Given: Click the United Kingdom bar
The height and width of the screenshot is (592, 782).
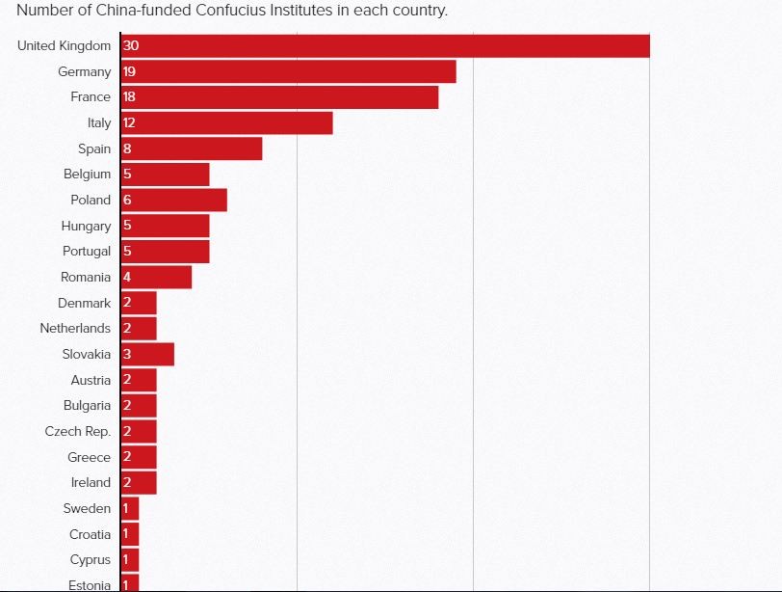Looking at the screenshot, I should tap(385, 45).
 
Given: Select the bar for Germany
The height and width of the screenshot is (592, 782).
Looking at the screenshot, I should tap(288, 71).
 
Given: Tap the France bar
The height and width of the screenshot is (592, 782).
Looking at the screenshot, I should tap(279, 97).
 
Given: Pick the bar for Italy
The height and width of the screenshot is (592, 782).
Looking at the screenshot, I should tap(226, 122).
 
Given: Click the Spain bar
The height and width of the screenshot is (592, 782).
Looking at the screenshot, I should tap(192, 148).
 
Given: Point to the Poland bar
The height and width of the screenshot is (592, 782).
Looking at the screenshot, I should tap(173, 200).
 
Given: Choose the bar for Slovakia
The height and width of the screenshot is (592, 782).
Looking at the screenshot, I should tap(147, 354).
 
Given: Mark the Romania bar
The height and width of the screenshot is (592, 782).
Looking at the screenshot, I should tap(156, 277).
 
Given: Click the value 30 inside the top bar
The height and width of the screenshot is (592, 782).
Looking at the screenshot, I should tap(131, 45).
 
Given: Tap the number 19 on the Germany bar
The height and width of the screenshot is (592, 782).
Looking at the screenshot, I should tap(130, 71).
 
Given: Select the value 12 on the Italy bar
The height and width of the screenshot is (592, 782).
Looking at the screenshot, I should tap(130, 122).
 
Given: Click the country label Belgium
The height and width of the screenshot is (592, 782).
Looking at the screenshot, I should tap(87, 175).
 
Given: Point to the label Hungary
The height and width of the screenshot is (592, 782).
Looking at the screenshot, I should tap(86, 226).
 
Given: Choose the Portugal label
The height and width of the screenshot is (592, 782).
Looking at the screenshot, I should tap(87, 251).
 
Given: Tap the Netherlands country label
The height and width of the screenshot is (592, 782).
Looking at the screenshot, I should tap(75, 328).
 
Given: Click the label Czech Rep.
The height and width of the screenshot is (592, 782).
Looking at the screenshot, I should tap(78, 431).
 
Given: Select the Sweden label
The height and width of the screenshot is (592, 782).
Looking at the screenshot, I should tap(87, 508).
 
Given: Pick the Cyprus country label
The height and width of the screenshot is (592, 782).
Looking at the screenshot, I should tap(91, 559).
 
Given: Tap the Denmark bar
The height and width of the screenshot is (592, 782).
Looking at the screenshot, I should tap(139, 303).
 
